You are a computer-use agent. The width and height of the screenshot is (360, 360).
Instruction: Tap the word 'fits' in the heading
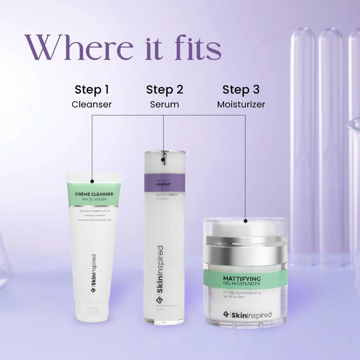pyautogui.click(x=198, y=48)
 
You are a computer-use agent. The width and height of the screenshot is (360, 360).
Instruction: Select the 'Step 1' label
pyautogui.click(x=92, y=90)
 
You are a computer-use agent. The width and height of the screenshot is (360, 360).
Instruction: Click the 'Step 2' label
pyautogui.click(x=164, y=90)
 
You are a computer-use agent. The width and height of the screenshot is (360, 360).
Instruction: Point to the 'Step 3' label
pyautogui.click(x=241, y=90)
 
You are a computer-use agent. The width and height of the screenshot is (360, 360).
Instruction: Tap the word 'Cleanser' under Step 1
pyautogui.click(x=92, y=104)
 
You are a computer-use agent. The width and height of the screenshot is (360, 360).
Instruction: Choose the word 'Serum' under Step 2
pyautogui.click(x=164, y=104)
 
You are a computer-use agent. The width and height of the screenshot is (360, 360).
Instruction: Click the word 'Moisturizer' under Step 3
pyautogui.click(x=241, y=104)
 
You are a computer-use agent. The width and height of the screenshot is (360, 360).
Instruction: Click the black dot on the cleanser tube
pyautogui.click(x=92, y=181)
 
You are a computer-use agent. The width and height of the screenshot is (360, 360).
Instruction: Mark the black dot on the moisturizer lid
pyautogui.click(x=245, y=221)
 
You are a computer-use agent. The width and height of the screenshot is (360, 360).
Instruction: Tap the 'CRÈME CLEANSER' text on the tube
pyautogui.click(x=94, y=194)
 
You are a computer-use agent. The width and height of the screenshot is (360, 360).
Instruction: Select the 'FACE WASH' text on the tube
pyautogui.click(x=94, y=199)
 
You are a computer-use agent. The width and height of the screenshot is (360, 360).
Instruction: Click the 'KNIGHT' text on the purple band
pyautogui.click(x=164, y=184)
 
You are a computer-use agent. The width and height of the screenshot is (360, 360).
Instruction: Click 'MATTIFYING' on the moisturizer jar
pyautogui.click(x=242, y=278)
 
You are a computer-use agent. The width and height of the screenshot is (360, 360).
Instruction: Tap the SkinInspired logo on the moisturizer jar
pyautogui.click(x=247, y=315)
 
